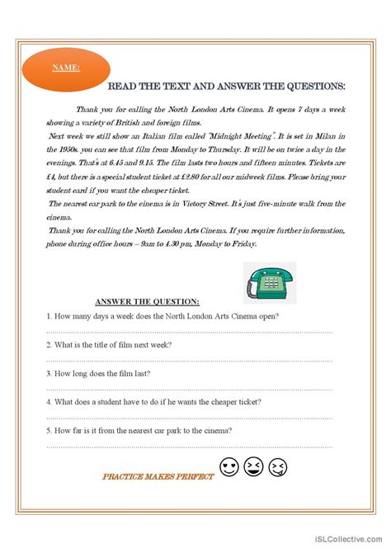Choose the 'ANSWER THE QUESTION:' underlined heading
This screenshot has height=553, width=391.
(147, 302)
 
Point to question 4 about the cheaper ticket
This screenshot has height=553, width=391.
(153, 401)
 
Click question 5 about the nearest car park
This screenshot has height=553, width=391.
(139, 430)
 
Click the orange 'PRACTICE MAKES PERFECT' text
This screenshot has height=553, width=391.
(158, 476)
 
